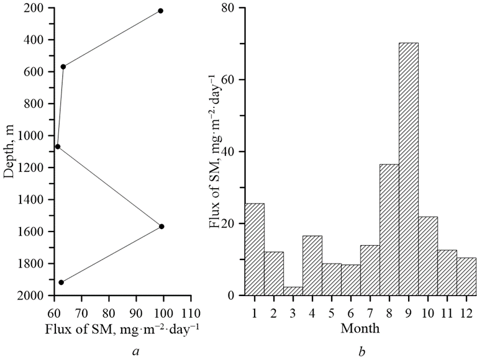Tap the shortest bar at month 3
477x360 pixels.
pos(293,291)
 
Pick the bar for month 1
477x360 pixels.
pos(255,250)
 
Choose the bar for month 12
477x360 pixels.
pos(466,276)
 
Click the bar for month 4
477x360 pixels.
pos(312,266)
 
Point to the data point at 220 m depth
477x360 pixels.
pos(161,11)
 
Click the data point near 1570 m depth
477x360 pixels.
pos(161,227)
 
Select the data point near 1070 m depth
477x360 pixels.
pos(58,147)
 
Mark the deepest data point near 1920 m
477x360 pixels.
pos(61,282)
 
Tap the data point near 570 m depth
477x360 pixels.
pos(63,66)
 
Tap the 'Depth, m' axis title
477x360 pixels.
pos(9,152)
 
